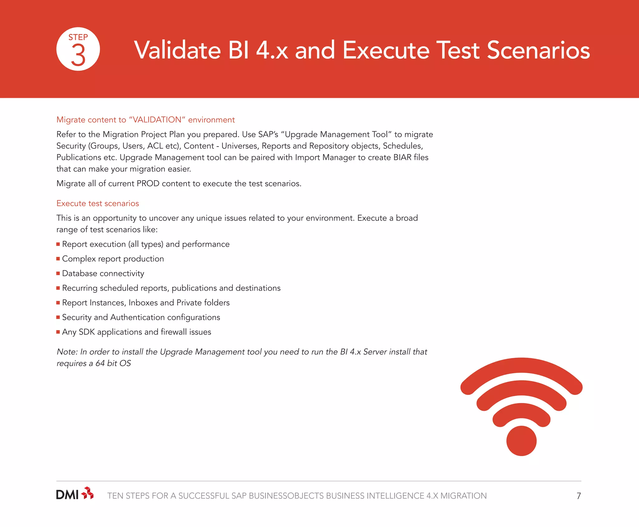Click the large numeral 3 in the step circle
(78, 55)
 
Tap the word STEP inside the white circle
(78, 37)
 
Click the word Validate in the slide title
(178, 50)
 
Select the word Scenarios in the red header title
(538, 50)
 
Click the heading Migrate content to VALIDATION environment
(145, 120)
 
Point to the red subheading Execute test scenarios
(98, 203)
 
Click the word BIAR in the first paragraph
(402, 157)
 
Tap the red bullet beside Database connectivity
(58, 273)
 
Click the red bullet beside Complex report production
(58, 259)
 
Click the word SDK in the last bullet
(86, 332)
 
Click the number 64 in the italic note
(100, 363)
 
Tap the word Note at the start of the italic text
(67, 352)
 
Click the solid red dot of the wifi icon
(521, 441)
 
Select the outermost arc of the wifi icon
(521, 366)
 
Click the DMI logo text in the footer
(67, 495)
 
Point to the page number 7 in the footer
(579, 496)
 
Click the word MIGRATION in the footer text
(463, 496)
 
